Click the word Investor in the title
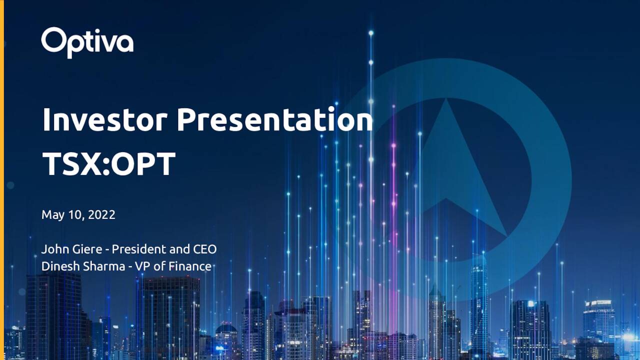[x=104, y=120]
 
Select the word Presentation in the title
[x=274, y=120]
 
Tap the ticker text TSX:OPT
[x=108, y=163]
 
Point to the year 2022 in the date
[x=102, y=215]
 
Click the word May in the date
[x=52, y=215]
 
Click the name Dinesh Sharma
[x=83, y=266]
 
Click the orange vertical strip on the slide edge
[x=1, y=180]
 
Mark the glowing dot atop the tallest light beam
[x=371, y=33]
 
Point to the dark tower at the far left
[x=52, y=315]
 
